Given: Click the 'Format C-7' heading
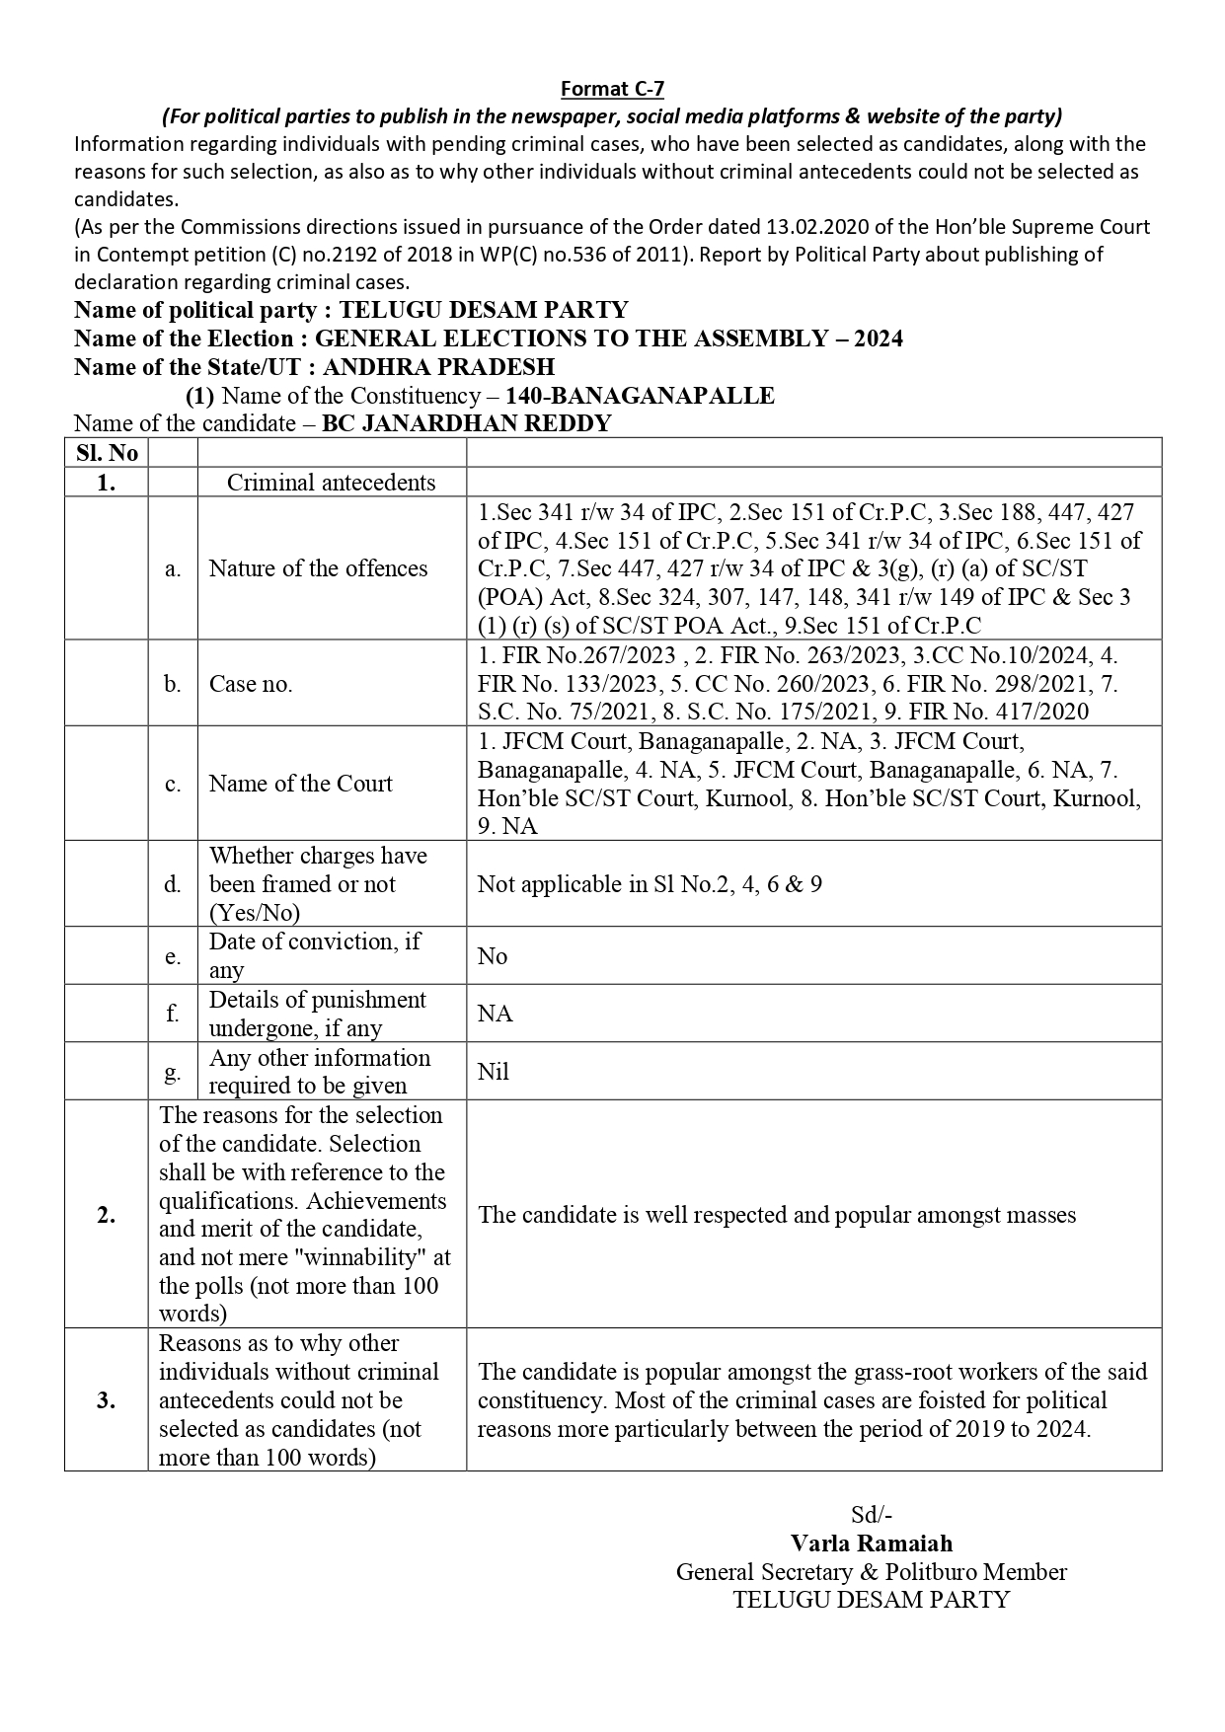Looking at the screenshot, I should (x=612, y=89).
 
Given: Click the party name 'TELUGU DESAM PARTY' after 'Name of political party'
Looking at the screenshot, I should (x=483, y=310).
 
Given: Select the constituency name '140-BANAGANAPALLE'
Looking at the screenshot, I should (x=640, y=396).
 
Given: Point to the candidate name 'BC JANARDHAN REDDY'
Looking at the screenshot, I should (x=467, y=423).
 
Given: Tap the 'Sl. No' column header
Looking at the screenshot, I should (x=107, y=453).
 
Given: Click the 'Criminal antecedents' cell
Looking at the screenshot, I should (x=331, y=482).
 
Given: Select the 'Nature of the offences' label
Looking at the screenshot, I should (x=318, y=568).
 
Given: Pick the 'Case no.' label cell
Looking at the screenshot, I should (x=251, y=684).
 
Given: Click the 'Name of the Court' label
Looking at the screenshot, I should (x=300, y=784).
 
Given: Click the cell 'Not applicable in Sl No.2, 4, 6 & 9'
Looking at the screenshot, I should (x=650, y=884).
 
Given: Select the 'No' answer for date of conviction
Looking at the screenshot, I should (x=492, y=956).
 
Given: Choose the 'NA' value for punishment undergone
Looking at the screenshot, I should (x=495, y=1014).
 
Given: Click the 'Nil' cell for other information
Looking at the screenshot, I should (x=493, y=1072).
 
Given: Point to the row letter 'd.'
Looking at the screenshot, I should (x=173, y=884).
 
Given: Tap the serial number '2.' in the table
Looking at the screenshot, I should (x=107, y=1215).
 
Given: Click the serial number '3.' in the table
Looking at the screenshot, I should (x=107, y=1400).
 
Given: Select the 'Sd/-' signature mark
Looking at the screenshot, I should (x=872, y=1515).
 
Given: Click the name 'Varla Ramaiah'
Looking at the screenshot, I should (x=871, y=1544).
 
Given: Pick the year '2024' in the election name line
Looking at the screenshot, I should (x=878, y=339).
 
